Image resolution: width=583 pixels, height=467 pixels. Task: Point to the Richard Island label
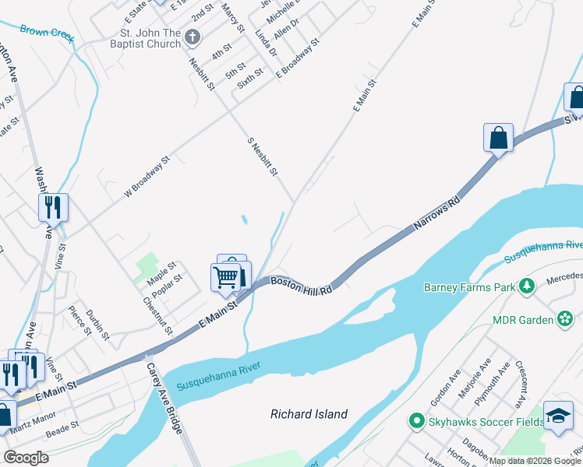(309, 414)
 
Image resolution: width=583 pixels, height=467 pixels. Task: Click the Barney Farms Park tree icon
(527, 287)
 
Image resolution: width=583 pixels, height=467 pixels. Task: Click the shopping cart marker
(225, 276)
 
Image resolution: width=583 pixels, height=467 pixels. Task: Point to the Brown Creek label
(46, 32)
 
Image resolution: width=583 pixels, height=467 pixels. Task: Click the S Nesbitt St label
(262, 156)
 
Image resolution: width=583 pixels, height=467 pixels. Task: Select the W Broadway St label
(146, 179)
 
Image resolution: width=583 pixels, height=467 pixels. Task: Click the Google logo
(26, 458)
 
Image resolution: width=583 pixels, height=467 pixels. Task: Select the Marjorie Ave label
(475, 379)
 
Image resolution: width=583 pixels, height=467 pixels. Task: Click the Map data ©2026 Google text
(535, 461)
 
